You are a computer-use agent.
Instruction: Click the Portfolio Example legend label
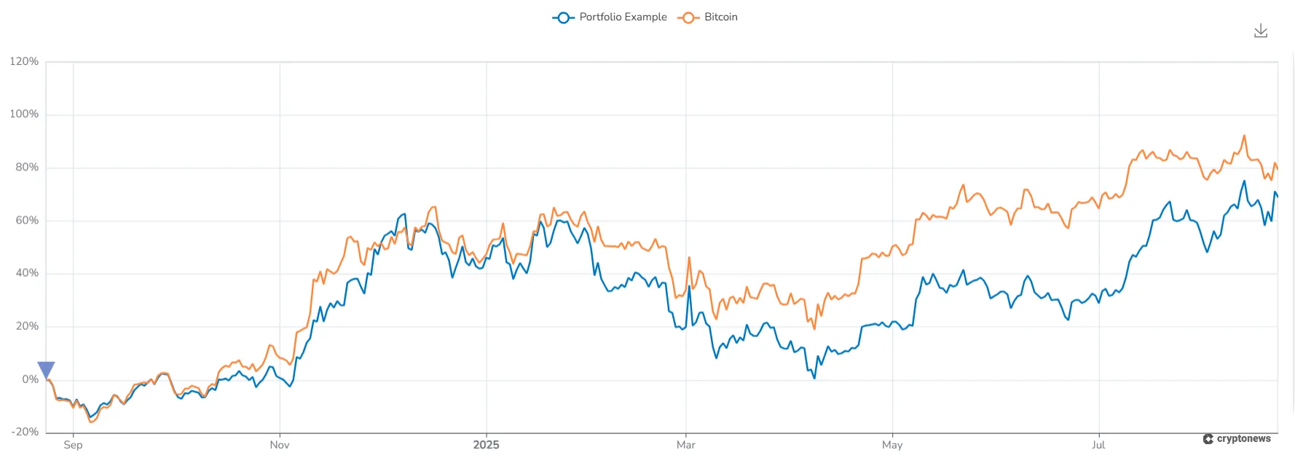click(x=623, y=17)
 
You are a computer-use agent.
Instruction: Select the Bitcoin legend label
click(x=720, y=17)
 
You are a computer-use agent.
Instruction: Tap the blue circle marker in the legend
click(x=563, y=17)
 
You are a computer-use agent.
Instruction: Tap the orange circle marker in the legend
click(x=688, y=17)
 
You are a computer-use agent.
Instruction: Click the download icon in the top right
click(x=1261, y=31)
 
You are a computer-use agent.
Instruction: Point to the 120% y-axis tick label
click(x=24, y=61)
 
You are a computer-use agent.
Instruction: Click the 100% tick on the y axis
click(x=24, y=114)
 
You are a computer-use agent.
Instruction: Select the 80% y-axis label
click(x=27, y=167)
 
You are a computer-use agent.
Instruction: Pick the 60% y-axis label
click(x=27, y=221)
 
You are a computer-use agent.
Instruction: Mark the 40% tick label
click(x=27, y=273)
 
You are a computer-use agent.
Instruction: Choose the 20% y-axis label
click(x=27, y=326)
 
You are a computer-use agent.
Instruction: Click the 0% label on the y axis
click(x=30, y=379)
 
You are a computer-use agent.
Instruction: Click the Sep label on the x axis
click(x=73, y=445)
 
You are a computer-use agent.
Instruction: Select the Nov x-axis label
click(x=280, y=445)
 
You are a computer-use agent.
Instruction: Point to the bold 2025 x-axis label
click(x=486, y=445)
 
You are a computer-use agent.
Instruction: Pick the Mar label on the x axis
click(x=685, y=445)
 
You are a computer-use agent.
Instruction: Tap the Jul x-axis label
click(x=1098, y=445)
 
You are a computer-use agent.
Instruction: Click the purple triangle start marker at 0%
click(x=46, y=369)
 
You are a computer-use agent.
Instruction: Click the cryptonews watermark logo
click(x=1237, y=439)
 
